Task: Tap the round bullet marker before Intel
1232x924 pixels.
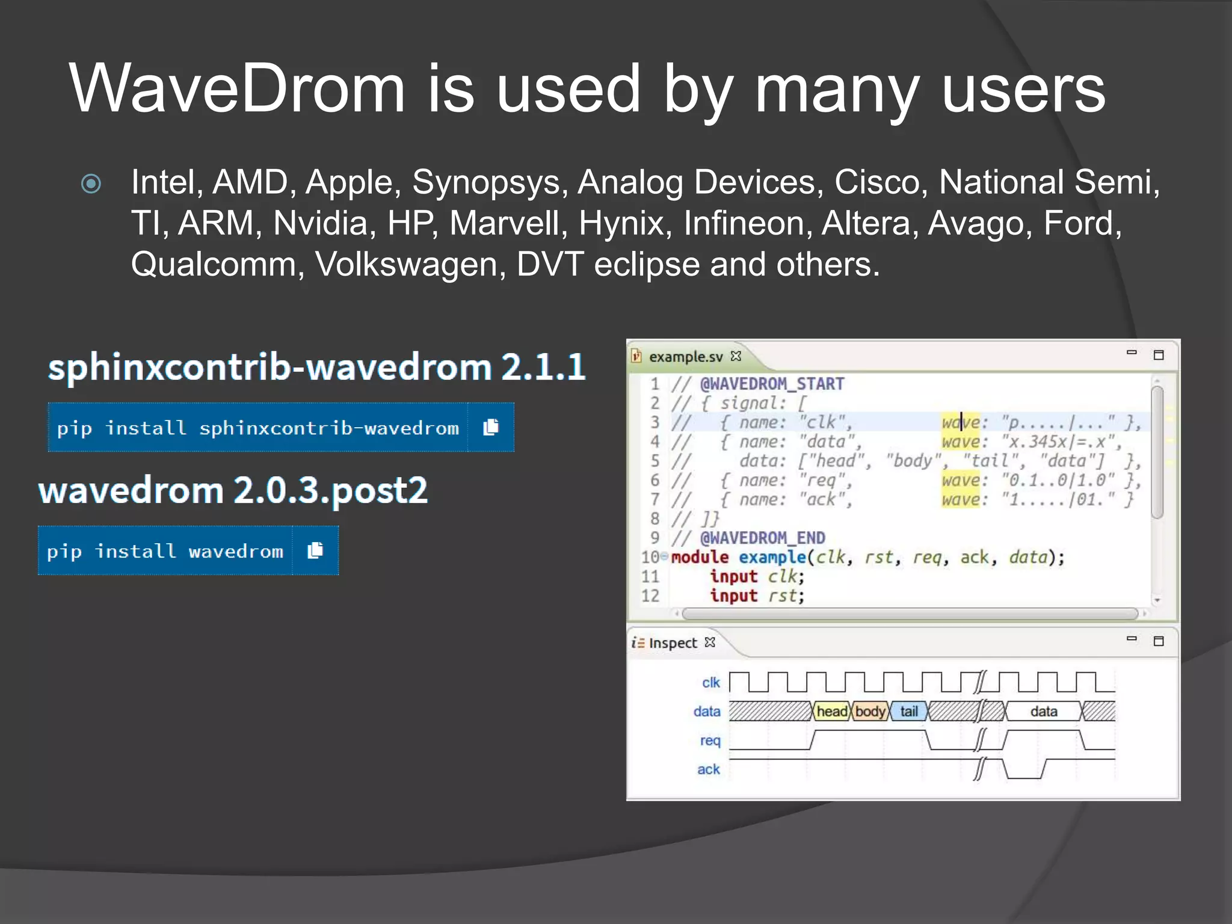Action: tap(91, 183)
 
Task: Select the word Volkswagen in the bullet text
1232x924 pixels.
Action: tap(410, 264)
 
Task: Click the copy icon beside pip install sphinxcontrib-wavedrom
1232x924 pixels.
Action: tap(491, 427)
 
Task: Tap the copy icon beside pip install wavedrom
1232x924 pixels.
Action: tap(315, 550)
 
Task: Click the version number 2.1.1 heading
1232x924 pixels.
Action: tap(543, 367)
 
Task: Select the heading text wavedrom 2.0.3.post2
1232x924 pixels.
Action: tap(233, 490)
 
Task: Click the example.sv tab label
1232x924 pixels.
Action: tap(685, 357)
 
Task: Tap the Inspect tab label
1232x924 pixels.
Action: tap(673, 643)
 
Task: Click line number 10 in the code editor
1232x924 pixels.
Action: tap(650, 557)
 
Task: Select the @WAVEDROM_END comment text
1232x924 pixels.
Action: tap(762, 538)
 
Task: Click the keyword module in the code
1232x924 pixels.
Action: tap(700, 557)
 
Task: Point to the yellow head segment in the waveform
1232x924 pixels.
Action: tap(831, 712)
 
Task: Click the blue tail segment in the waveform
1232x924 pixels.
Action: tap(908, 712)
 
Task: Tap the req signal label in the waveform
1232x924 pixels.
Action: tap(710, 741)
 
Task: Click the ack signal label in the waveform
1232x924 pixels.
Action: tap(709, 769)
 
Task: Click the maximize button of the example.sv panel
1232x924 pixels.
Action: tap(1158, 355)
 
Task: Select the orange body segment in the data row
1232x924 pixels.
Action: tap(870, 712)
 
